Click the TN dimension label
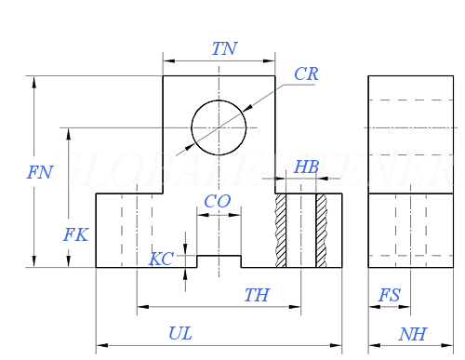[x=224, y=49]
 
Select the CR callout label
[x=306, y=74]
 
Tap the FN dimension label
[x=40, y=172]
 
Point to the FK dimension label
[x=75, y=235]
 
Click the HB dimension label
[x=306, y=167]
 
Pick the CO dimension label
[x=217, y=202]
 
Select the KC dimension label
[x=161, y=259]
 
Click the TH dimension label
[x=257, y=295]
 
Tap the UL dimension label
[x=180, y=333]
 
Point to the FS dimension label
[x=390, y=295]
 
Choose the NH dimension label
[x=412, y=333]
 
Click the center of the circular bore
[x=219, y=127]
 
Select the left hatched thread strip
[x=280, y=231]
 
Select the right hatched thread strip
[x=322, y=231]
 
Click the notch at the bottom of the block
[x=219, y=261]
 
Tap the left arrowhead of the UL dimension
[x=100, y=345]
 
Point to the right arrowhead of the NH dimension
[x=452, y=345]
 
